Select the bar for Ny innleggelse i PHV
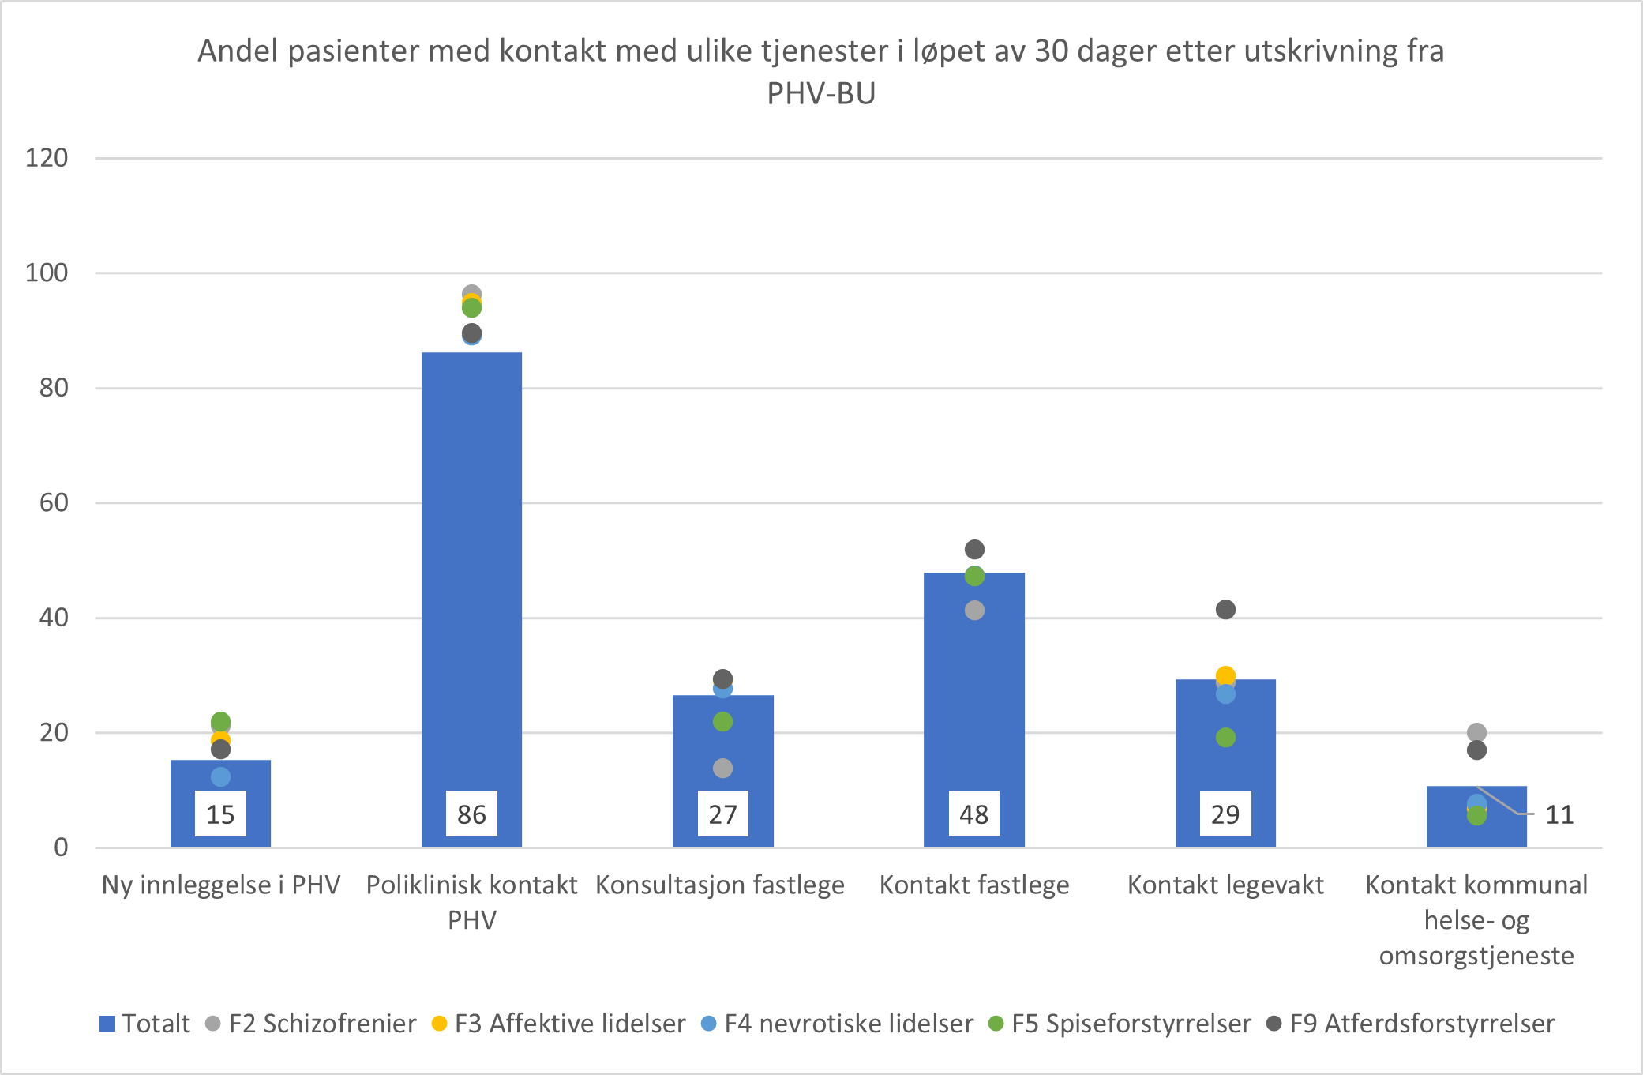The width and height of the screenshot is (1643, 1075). pos(220,778)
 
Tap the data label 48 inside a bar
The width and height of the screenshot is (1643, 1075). pos(973,814)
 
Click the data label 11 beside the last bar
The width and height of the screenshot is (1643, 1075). pos(1559,814)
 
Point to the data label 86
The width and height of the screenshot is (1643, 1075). pos(471,814)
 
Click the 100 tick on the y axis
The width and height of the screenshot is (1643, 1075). pos(47,273)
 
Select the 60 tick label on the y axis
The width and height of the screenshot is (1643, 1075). pos(54,503)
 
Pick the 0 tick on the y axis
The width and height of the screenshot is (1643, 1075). pos(61,848)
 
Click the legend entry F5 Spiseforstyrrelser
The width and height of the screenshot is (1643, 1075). pos(1120,1024)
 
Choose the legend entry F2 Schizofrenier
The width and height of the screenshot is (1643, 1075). pos(311,1024)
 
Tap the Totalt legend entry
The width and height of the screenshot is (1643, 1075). pos(145,1024)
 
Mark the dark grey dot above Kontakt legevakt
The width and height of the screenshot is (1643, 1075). pos(1225,609)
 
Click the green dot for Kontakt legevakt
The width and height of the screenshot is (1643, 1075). pos(1225,738)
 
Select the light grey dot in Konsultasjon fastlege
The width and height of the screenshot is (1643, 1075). pos(722,768)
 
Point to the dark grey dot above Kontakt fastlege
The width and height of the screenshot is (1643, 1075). pos(974,549)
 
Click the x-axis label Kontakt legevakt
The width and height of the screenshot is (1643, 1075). pos(1225,885)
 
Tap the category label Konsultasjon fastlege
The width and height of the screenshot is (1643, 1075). pos(720,885)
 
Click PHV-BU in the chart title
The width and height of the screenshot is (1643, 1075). pos(821,94)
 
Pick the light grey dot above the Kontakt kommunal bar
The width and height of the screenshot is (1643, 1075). pos(1476,732)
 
